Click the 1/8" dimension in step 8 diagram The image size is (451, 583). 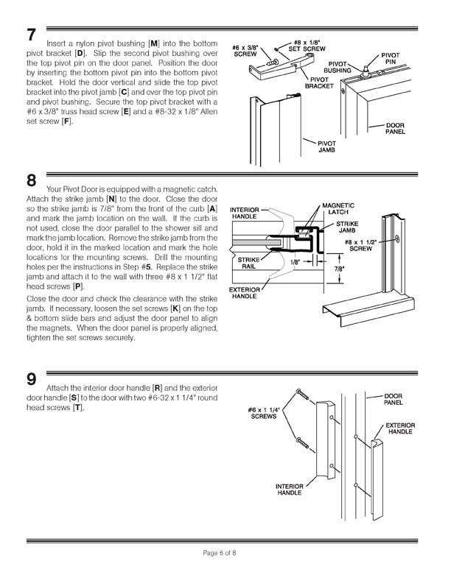click(295, 261)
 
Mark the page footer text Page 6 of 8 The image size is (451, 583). click(225, 553)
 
